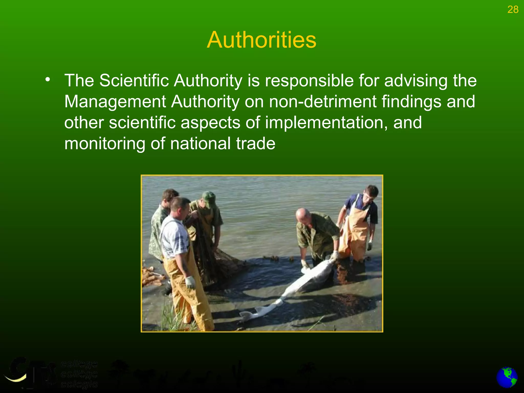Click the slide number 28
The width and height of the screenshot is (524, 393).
513,10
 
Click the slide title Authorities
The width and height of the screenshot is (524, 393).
261,40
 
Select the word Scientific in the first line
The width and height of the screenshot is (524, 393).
134,81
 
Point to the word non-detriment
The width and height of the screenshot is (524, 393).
323,102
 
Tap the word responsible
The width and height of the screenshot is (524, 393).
309,81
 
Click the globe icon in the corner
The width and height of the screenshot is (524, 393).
507,378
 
